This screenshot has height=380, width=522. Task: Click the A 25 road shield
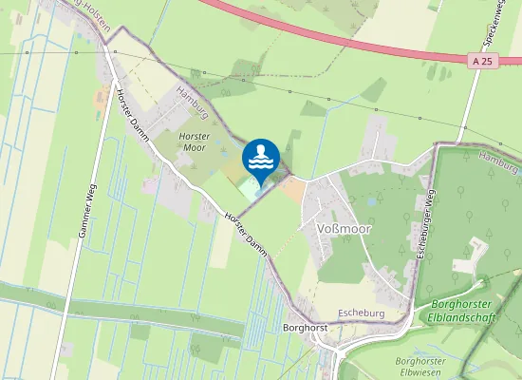[482, 61]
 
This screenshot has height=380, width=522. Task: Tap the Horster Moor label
[193, 142]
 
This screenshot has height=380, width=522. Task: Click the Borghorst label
[305, 328]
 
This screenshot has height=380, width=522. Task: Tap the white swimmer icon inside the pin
[261, 155]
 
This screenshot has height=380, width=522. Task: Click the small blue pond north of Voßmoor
[372, 201]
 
